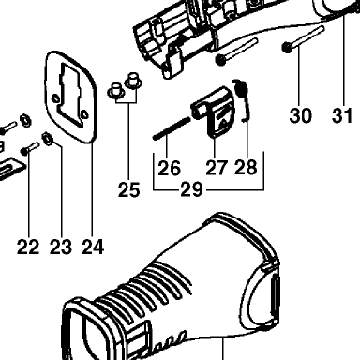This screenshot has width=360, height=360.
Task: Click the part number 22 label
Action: [x=28, y=247]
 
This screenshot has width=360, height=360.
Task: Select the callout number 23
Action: [x=61, y=247]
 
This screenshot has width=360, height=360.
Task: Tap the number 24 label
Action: [x=93, y=247]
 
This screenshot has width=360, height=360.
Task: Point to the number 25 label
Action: [x=128, y=189]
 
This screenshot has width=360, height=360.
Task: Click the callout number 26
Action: [x=169, y=168]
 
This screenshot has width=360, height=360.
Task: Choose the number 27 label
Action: [x=217, y=168]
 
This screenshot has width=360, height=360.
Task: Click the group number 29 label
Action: [x=191, y=189]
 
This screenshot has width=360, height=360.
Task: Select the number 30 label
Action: [x=300, y=115]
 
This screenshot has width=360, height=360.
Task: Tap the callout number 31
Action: [x=342, y=115]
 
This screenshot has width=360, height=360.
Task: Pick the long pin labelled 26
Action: [x=172, y=127]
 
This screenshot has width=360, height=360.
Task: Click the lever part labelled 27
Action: [x=216, y=111]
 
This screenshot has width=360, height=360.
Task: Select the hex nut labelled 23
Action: [x=48, y=138]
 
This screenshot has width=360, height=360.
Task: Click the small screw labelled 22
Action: [x=30, y=148]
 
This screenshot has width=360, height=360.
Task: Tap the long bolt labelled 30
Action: [x=303, y=39]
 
